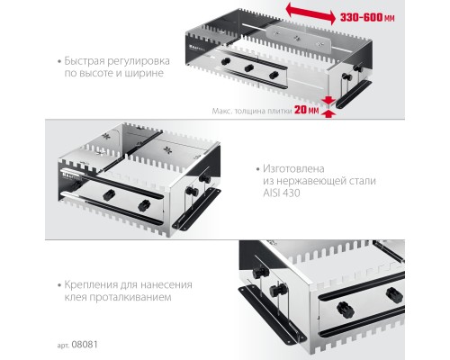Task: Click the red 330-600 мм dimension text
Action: click(367, 18)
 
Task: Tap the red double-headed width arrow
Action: click(310, 13)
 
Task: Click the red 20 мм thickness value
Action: click(306, 110)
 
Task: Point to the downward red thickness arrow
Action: click(329, 101)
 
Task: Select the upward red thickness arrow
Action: click(329, 113)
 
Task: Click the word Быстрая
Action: click(84, 61)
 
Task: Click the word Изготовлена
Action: click(293, 168)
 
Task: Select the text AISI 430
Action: click(282, 193)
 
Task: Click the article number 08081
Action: click(85, 345)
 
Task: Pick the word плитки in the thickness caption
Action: click(282, 111)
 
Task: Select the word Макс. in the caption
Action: click(221, 111)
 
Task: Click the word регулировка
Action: click(139, 61)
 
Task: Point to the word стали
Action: click(363, 181)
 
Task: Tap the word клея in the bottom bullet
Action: click(76, 297)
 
